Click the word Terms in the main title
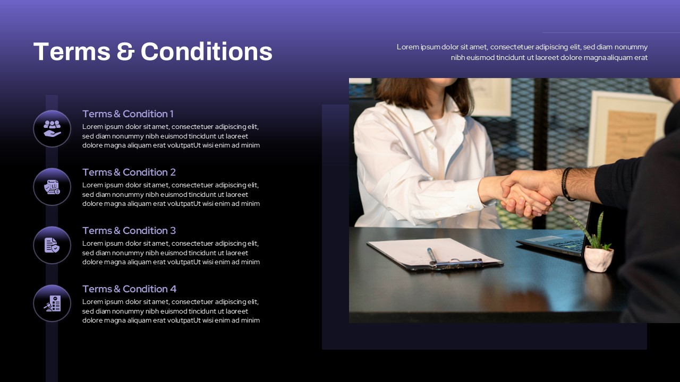(72, 51)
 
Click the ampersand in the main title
(125, 51)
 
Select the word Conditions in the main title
(207, 51)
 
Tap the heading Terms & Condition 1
(128, 114)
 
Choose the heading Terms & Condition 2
(129, 172)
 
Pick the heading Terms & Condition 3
(129, 231)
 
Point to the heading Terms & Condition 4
(129, 289)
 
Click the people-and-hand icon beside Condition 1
(52, 128)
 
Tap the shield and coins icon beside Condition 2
(52, 187)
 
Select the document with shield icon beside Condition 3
(52, 245)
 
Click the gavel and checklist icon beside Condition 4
(52, 303)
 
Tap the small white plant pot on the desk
(598, 258)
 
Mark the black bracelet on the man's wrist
(566, 184)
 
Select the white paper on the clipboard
(434, 251)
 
